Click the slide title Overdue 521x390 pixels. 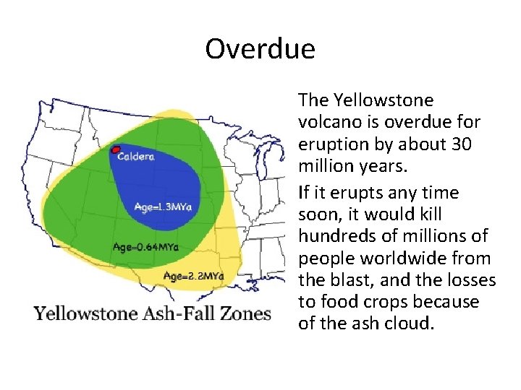point(260,49)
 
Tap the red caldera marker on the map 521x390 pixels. point(114,150)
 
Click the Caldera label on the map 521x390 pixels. point(136,155)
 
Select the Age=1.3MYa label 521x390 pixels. point(163,207)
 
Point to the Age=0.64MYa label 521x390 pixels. point(145,247)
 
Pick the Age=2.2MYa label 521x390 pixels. point(193,276)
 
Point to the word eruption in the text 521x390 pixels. point(329,144)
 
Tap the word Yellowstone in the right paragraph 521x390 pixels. point(376,100)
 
